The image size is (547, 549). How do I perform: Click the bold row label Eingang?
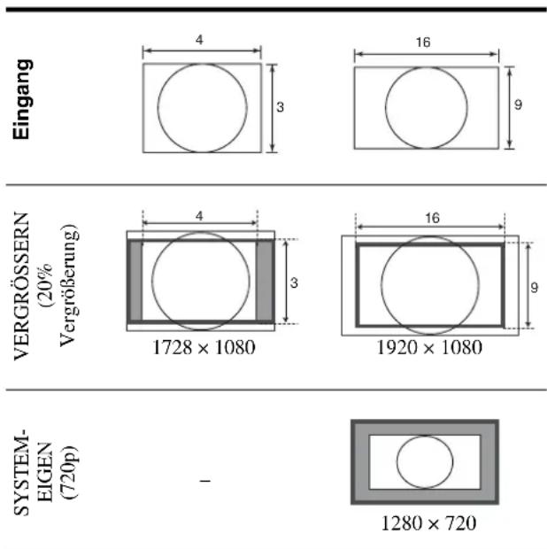coord(23,99)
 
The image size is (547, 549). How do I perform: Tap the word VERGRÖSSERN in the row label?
coord(22,286)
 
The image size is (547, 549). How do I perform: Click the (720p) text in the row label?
coord(69,472)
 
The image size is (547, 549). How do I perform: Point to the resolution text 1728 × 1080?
coord(204,348)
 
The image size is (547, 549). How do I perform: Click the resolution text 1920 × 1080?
coord(429,348)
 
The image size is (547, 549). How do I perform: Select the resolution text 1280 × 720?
coord(428,523)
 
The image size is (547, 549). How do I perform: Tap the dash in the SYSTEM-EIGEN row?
coord(205,481)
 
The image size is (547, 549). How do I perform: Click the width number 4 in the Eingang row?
coord(199,40)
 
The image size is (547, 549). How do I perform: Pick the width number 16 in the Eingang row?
coord(423,43)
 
